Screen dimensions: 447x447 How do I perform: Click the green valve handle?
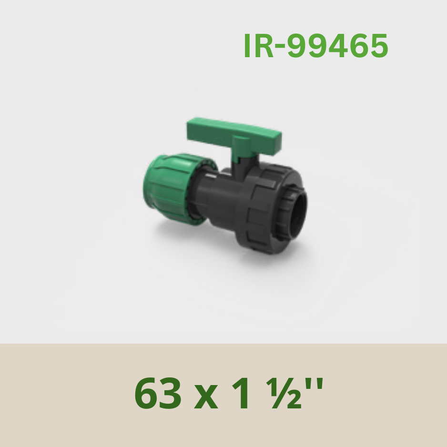(234, 134)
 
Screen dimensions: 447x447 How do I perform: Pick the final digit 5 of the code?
(378, 46)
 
